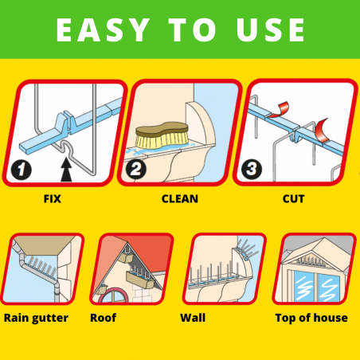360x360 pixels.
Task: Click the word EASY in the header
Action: (103, 29)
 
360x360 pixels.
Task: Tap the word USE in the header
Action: (271, 29)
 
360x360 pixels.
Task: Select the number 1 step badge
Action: (22, 170)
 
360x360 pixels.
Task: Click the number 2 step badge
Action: (135, 169)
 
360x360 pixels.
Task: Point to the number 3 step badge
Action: (252, 169)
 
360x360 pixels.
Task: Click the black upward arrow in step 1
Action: (66, 170)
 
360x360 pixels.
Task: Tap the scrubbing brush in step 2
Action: (162, 135)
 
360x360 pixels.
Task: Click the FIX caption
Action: (53, 199)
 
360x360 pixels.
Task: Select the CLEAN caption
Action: (180, 199)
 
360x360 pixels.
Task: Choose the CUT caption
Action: (293, 199)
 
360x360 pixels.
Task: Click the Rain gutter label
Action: (36, 318)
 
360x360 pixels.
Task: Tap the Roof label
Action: (104, 318)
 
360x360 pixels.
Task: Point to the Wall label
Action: (193, 318)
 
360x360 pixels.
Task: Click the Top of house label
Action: (311, 318)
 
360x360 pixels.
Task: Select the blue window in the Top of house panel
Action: (316, 287)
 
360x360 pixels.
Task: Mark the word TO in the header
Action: (192, 29)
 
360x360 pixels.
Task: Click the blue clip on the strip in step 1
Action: (65, 122)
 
